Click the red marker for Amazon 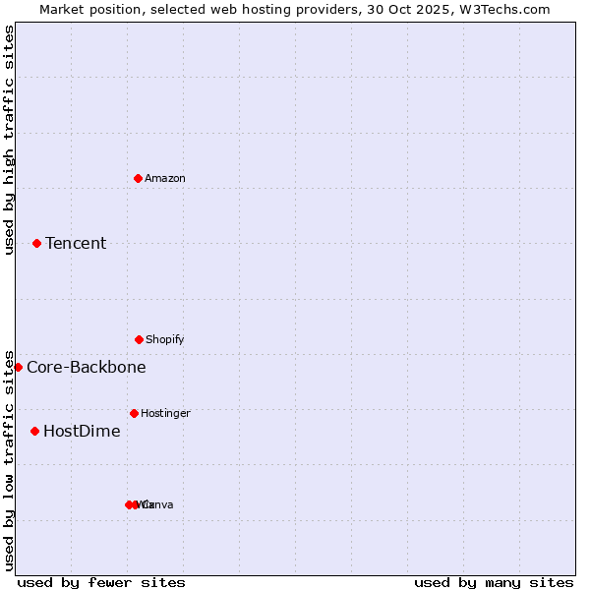pos(138,178)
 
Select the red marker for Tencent pos(36,243)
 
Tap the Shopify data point pos(139,339)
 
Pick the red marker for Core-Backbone pos(18,367)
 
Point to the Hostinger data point pos(134,413)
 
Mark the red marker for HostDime pos(34,431)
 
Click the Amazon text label pos(165,178)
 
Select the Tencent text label pos(76,243)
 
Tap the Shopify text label pos(165,339)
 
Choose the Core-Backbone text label pos(87,367)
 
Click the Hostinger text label pos(165,413)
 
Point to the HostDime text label pos(82,431)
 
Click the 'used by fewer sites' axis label pos(101,582)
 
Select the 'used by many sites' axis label pos(494,582)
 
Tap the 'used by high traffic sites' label pos(9,140)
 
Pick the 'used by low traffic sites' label pos(9,459)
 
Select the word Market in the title pos(64,9)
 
